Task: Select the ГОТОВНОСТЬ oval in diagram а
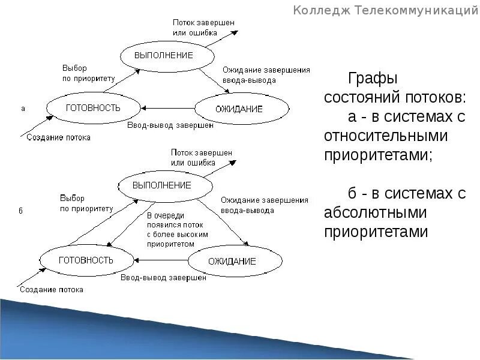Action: pyautogui.click(x=92, y=108)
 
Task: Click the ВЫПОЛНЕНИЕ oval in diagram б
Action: pyautogui.click(x=161, y=185)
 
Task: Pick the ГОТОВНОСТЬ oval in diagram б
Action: pyautogui.click(x=85, y=260)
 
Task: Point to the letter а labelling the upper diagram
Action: pyautogui.click(x=23, y=109)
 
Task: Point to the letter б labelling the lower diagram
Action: pyautogui.click(x=20, y=211)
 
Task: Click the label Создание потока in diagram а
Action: pyautogui.click(x=58, y=137)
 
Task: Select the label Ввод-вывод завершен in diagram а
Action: pyautogui.click(x=170, y=125)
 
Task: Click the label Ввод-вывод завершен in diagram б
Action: pyautogui.click(x=163, y=278)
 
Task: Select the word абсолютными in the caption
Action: pyautogui.click(x=375, y=212)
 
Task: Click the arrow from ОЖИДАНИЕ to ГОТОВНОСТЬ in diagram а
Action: pyautogui.click(x=169, y=109)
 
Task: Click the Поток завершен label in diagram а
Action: pyautogui.click(x=203, y=23)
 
